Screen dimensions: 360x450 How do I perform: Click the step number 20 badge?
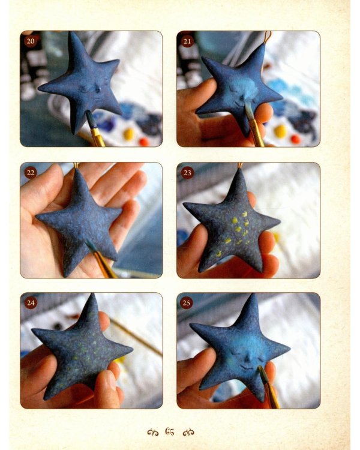tap(31, 41)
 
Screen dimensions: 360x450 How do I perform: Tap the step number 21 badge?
tap(187, 41)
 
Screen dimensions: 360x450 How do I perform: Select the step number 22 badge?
tap(31, 173)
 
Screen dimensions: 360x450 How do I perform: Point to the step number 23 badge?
tap(187, 173)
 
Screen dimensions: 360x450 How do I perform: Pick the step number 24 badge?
tap(31, 303)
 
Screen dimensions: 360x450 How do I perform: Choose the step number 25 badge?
tap(187, 303)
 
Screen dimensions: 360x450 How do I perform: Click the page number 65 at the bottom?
tap(170, 431)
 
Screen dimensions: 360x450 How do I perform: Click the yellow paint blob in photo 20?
tap(129, 134)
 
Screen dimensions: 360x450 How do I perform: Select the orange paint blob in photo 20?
tap(144, 142)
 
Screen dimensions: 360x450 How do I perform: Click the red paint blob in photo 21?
tap(295, 139)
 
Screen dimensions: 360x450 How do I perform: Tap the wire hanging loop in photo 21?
tap(268, 37)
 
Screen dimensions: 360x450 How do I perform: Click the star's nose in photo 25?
tap(248, 359)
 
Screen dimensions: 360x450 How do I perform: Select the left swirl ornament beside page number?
tap(153, 432)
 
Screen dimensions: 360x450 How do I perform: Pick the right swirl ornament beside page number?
tap(188, 432)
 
